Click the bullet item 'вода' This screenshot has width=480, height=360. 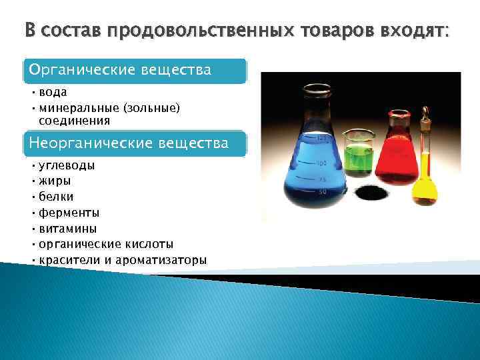pyautogui.click(x=53, y=93)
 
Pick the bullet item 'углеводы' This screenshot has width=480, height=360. pyautogui.click(x=66, y=165)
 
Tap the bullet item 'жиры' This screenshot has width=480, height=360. pyautogui.click(x=55, y=181)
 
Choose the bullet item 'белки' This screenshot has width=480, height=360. pyautogui.click(x=57, y=197)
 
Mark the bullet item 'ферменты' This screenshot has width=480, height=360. pyautogui.click(x=69, y=213)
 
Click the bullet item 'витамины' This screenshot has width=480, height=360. pyautogui.click(x=67, y=229)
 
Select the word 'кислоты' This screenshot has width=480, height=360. pyautogui.click(x=149, y=244)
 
